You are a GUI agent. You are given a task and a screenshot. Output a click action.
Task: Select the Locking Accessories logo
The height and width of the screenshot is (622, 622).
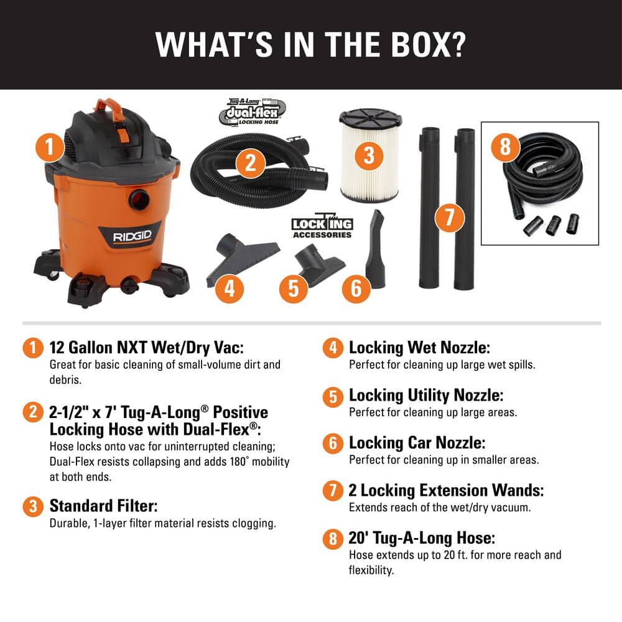click(322, 228)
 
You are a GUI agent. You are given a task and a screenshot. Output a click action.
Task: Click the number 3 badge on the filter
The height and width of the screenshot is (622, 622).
click(369, 154)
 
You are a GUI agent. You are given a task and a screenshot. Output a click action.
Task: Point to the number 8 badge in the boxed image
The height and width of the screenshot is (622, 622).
click(505, 147)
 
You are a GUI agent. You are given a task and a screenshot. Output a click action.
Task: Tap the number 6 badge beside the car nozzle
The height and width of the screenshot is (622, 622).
click(356, 287)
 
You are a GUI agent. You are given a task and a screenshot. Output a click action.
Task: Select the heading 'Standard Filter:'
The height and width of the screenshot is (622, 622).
click(103, 505)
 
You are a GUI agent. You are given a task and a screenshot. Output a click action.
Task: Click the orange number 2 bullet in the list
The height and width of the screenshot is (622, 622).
click(30, 412)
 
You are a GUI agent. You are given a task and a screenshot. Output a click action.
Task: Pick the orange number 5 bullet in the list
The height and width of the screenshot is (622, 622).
click(333, 396)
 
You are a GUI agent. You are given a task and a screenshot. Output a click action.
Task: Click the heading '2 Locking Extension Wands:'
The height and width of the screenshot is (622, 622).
click(446, 490)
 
